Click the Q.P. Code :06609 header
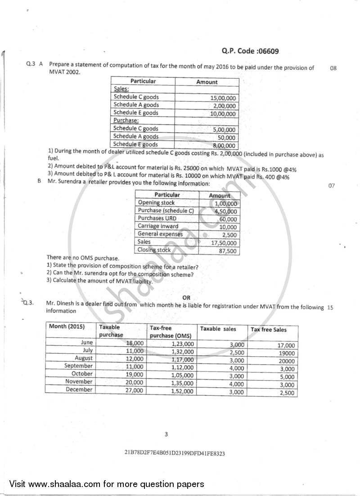pyautogui.click(x=250, y=51)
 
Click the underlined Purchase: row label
pyautogui.click(x=126, y=121)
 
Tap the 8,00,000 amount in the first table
pyautogui.click(x=224, y=146)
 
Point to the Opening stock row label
pyautogui.click(x=156, y=203)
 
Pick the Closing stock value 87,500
pyautogui.click(x=227, y=251)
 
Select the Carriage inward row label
pyautogui.click(x=158, y=226)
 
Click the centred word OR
pyautogui.click(x=186, y=297)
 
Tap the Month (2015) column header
pyautogui.click(x=67, y=326)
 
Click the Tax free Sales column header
pyautogui.click(x=268, y=330)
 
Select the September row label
pyautogui.click(x=78, y=366)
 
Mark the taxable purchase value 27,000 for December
pyautogui.click(x=135, y=390)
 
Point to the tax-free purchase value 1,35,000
pyautogui.click(x=182, y=383)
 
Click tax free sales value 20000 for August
pyautogui.click(x=286, y=361)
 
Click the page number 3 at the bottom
pyautogui.click(x=166, y=434)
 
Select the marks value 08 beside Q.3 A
pyautogui.click(x=333, y=68)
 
